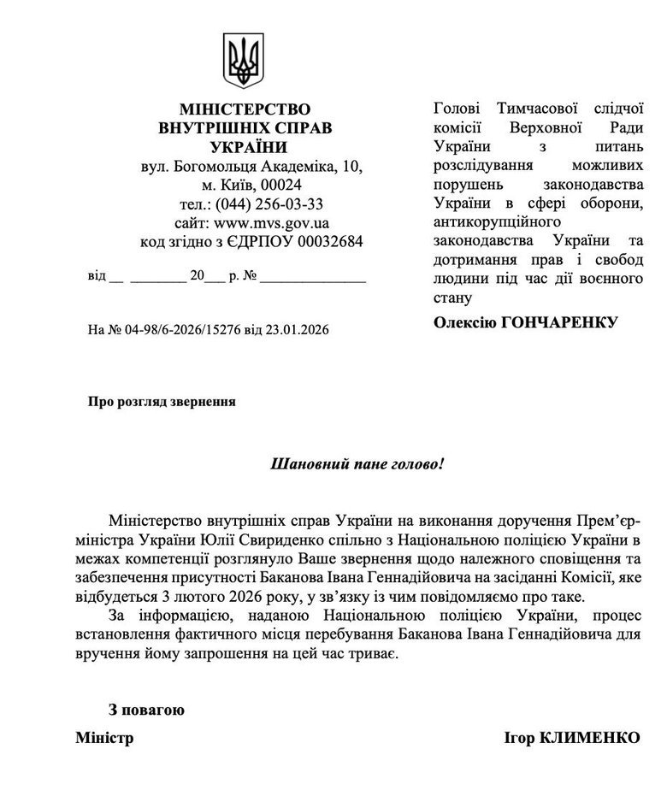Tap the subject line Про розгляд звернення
(x=162, y=400)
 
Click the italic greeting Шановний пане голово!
(x=357, y=466)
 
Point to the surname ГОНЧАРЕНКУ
(x=564, y=321)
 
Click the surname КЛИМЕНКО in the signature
(x=590, y=738)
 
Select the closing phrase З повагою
(x=145, y=709)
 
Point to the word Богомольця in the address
(x=213, y=166)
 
